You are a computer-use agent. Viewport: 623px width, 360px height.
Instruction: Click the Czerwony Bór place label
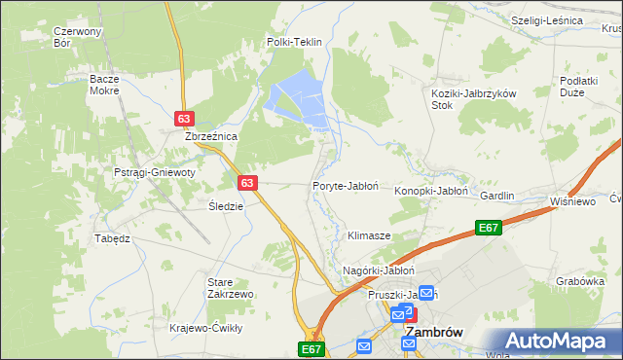click(78, 37)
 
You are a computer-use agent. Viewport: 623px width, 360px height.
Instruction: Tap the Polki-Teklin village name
click(294, 43)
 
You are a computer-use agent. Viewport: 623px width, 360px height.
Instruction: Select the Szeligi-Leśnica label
click(546, 20)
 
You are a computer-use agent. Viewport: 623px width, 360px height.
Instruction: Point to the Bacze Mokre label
click(103, 85)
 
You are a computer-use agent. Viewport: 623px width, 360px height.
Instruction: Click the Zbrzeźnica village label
click(212, 137)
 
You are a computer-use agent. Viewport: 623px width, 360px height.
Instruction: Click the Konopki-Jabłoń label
click(432, 192)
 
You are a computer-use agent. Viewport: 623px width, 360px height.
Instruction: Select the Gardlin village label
click(496, 196)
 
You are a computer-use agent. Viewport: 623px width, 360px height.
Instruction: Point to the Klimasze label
click(369, 236)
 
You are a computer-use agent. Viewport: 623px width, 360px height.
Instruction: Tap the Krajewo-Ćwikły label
click(205, 328)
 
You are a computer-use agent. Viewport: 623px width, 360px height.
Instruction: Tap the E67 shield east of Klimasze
click(489, 228)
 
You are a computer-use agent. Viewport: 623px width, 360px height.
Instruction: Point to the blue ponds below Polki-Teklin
click(297, 97)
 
